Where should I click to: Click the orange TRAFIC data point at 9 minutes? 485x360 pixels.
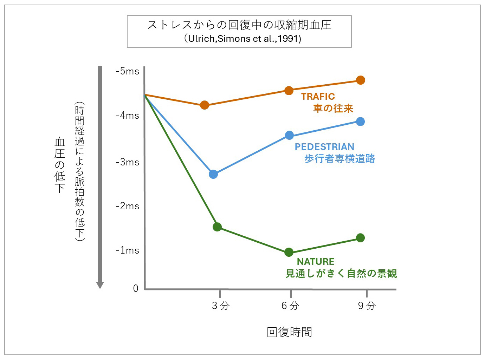click(360, 80)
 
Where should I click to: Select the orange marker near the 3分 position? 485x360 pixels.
click(205, 105)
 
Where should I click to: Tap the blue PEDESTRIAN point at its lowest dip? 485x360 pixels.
click(213, 174)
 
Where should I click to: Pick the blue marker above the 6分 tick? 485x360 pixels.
click(289, 135)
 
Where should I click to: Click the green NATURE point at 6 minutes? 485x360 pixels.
click(289, 252)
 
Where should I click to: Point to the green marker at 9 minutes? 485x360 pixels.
click(360, 238)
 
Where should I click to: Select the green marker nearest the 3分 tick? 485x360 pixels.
click(217, 227)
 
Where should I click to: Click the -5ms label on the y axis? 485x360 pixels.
click(127, 71)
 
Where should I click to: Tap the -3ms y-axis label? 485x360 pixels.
click(127, 162)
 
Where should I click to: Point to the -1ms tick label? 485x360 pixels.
click(127, 250)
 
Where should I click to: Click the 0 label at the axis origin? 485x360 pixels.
click(136, 288)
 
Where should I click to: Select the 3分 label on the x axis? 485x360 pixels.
click(220, 306)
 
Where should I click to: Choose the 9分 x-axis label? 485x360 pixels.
click(367, 306)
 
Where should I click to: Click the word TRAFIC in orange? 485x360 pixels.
click(318, 97)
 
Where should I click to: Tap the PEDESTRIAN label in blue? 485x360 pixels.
click(324, 147)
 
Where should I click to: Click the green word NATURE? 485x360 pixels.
click(316, 262)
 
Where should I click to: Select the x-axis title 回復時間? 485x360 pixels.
click(289, 332)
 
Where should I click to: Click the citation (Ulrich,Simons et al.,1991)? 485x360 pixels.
click(242, 39)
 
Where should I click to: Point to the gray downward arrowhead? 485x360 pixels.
click(100, 285)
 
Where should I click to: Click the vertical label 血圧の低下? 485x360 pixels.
click(60, 165)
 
